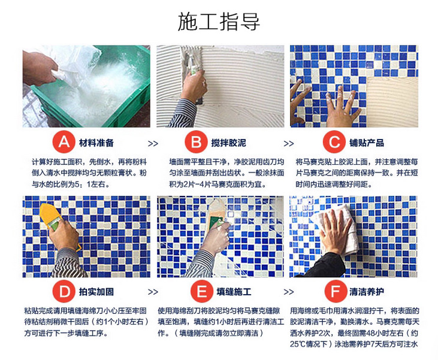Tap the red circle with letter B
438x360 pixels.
point(196,143)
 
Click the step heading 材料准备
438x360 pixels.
point(96,144)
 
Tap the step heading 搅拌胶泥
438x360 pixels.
point(228,144)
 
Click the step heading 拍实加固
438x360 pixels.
point(96,293)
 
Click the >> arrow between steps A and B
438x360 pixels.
point(153,144)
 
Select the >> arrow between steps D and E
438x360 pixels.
point(153,292)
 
